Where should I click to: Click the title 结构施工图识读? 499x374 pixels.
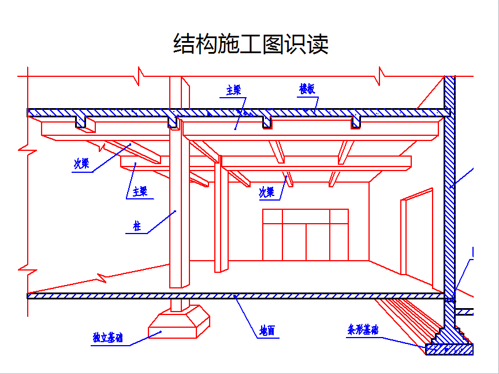point(251,44)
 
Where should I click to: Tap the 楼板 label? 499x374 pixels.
point(307,89)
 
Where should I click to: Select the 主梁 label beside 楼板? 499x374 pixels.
point(233,90)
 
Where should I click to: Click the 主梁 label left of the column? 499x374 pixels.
point(140,192)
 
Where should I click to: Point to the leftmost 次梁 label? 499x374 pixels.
point(81,164)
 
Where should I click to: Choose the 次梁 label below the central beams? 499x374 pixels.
point(267,192)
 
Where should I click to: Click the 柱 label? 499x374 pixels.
point(137,227)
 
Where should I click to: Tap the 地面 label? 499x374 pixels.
point(267,331)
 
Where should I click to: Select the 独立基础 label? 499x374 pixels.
point(107,338)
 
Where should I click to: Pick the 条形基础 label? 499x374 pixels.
point(363,329)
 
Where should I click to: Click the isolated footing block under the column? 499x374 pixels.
point(179,322)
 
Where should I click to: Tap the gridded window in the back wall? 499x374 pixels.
point(306,235)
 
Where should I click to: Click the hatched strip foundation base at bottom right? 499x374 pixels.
point(449,349)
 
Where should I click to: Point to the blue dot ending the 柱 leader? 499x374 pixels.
point(175,211)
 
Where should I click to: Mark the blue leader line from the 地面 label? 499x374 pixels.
point(245,316)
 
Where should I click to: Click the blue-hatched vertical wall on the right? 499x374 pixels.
point(449,204)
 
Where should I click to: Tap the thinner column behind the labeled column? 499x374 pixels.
point(222,213)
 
